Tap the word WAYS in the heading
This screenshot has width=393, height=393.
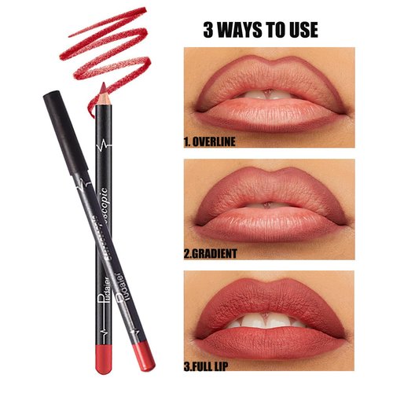(241, 30)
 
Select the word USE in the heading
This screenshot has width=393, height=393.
(301, 30)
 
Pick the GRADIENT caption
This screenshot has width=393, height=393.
(223, 255)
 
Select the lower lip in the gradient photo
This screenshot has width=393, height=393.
(267, 225)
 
